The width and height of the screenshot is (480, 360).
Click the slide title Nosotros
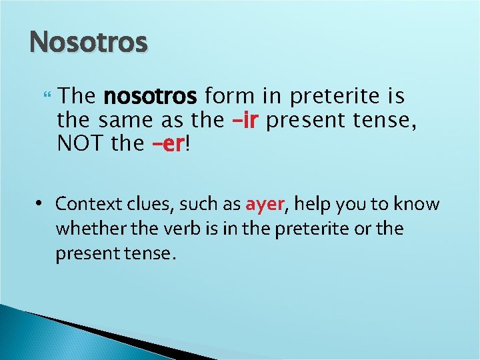(x=88, y=43)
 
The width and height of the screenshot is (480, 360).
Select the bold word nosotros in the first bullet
(x=150, y=97)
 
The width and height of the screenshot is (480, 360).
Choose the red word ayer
(x=265, y=204)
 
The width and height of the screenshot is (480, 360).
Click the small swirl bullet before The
(x=45, y=97)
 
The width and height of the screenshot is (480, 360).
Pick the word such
(x=197, y=204)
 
